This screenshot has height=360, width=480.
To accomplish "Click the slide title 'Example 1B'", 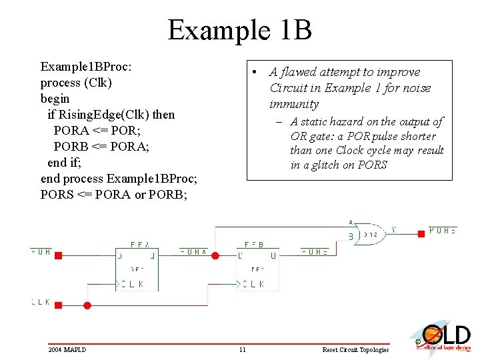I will click(239, 30).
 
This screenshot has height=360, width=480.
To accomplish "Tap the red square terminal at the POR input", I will click(58, 255).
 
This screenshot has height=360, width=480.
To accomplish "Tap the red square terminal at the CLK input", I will click(58, 305).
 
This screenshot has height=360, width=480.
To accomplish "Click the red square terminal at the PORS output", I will click(421, 233).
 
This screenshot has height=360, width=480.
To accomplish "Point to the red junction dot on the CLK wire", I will click(87, 305).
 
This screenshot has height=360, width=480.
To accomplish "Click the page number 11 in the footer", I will click(243, 350).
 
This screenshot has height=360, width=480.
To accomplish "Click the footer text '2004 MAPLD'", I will click(67, 350).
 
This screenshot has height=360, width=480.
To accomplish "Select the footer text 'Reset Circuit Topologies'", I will click(355, 350).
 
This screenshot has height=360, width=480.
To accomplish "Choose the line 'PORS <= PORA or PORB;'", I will click(114, 195).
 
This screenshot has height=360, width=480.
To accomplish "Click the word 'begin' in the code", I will click(55, 99).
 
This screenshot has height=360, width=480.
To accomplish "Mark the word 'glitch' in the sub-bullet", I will click(322, 165).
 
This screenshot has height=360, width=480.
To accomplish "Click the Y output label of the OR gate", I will click(393, 230).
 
